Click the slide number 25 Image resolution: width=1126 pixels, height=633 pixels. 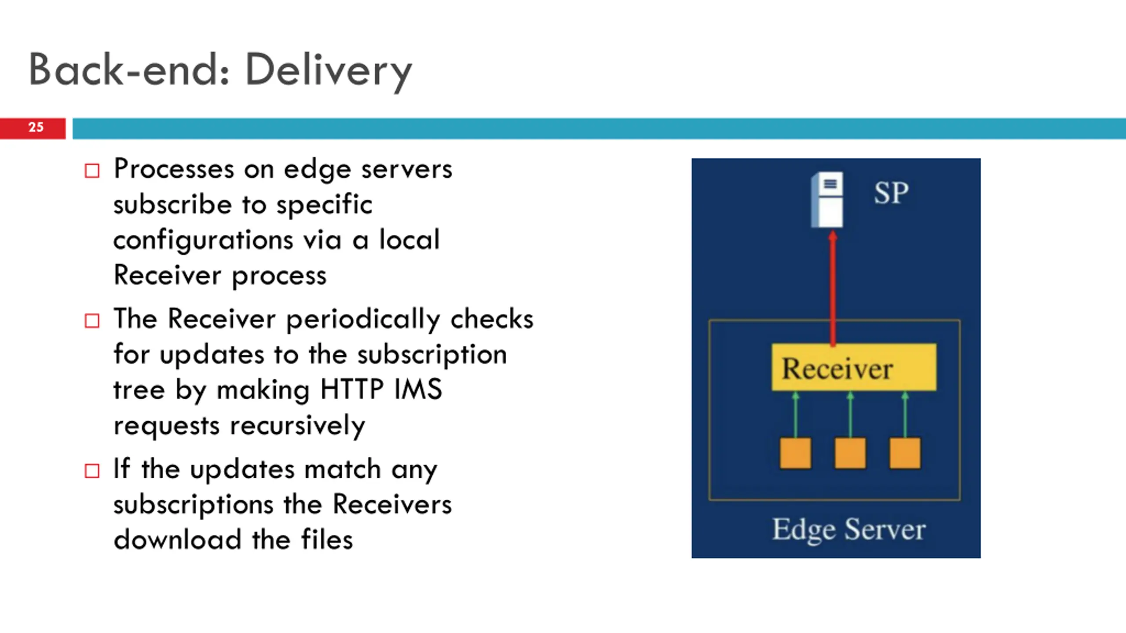(36, 127)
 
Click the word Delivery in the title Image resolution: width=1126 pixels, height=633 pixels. (328, 70)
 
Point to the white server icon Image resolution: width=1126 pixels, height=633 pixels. (827, 200)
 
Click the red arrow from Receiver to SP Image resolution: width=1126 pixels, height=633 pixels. (833, 290)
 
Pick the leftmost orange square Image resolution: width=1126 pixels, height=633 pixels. (795, 453)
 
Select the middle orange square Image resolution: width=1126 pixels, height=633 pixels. (850, 453)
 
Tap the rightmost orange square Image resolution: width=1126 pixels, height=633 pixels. (905, 453)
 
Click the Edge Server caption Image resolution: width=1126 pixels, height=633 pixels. (849, 529)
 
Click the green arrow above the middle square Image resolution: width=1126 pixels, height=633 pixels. (850, 415)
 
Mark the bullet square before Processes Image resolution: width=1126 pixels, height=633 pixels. (92, 171)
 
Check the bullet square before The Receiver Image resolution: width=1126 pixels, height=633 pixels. (92, 321)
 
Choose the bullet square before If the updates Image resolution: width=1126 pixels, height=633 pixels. (92, 471)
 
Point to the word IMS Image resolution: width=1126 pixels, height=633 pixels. (418, 389)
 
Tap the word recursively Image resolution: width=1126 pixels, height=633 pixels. (297, 426)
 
